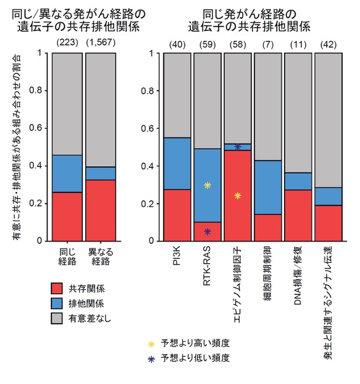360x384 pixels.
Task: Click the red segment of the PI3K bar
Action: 177,215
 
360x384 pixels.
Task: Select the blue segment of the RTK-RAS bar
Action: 208,186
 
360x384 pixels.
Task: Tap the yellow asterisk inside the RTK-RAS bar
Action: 207,186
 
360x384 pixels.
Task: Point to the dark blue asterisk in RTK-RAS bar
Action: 207,232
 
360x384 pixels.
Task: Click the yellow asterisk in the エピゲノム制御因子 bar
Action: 238,196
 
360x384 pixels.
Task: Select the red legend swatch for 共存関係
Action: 56,289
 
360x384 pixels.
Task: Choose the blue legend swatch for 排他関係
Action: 56,304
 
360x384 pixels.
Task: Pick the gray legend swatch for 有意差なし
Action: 56,319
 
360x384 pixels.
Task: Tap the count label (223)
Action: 68,43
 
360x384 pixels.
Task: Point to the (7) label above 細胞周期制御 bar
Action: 268,44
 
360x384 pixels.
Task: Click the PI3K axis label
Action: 177,255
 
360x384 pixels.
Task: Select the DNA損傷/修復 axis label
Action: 297,276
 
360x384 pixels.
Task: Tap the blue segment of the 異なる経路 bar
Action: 101,173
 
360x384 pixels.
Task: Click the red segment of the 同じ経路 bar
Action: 67,217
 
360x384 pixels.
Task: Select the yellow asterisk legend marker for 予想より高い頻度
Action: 152,344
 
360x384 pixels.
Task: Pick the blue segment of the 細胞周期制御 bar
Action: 268,188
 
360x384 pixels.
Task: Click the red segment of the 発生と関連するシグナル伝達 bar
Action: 328,223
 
